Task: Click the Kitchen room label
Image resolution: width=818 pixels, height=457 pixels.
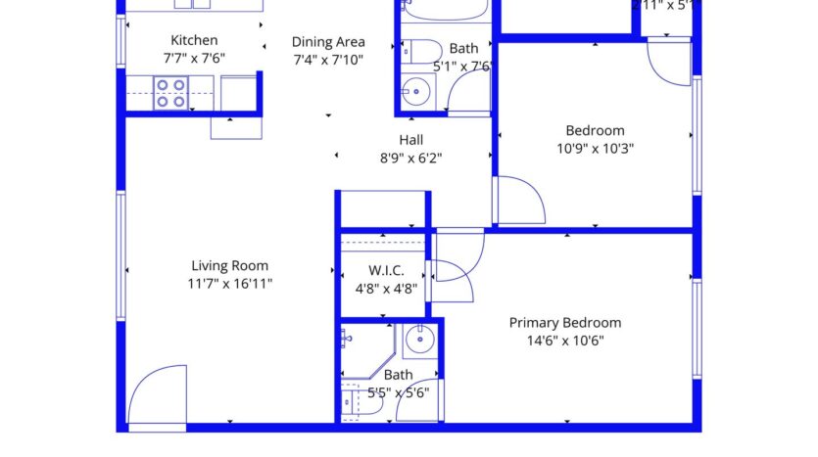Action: click(194, 40)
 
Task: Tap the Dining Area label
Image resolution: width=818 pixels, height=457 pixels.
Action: click(328, 42)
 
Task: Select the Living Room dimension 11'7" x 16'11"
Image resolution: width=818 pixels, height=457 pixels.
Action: click(230, 284)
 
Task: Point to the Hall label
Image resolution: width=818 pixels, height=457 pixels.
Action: click(411, 140)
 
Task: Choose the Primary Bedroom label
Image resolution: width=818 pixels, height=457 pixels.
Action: click(565, 323)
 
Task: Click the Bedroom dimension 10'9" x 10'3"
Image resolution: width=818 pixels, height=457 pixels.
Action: click(595, 149)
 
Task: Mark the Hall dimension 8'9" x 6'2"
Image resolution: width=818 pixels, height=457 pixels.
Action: click(411, 158)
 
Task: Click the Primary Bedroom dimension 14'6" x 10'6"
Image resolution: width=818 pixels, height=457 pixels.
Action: click(565, 342)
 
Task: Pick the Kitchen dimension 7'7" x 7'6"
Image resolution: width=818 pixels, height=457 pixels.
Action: click(194, 58)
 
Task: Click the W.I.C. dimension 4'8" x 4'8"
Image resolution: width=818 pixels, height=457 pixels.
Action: click(386, 289)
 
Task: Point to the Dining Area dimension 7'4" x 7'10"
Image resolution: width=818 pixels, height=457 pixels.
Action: click(328, 60)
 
